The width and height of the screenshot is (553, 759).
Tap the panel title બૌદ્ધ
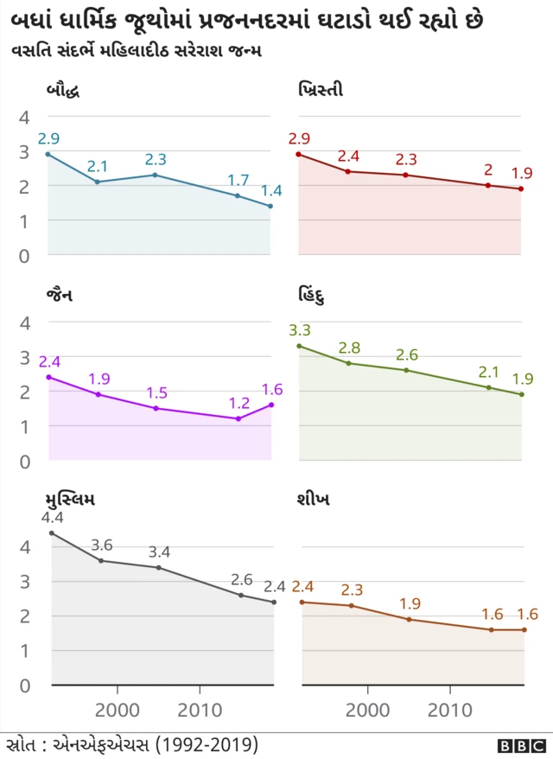pyautogui.click(x=65, y=89)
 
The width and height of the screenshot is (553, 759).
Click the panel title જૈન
pyautogui.click(x=60, y=295)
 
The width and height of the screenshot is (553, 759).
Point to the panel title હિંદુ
pyautogui.click(x=313, y=295)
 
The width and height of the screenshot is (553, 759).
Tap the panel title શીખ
pyautogui.click(x=312, y=501)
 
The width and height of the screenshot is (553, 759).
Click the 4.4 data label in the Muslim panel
pyautogui.click(x=52, y=518)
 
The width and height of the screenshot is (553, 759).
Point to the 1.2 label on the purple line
pyautogui.click(x=238, y=403)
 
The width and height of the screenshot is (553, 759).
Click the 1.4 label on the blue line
pyautogui.click(x=271, y=190)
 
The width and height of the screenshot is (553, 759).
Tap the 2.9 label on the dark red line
pyautogui.click(x=299, y=138)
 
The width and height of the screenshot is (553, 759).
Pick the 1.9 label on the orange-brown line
pyautogui.click(x=409, y=603)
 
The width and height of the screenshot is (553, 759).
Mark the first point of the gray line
pyautogui.click(x=52, y=533)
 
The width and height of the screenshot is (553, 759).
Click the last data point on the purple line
pyautogui.click(x=271, y=405)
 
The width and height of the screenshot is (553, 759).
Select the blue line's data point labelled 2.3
pyautogui.click(x=155, y=175)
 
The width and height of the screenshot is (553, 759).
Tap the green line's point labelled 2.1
pyautogui.click(x=488, y=387)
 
